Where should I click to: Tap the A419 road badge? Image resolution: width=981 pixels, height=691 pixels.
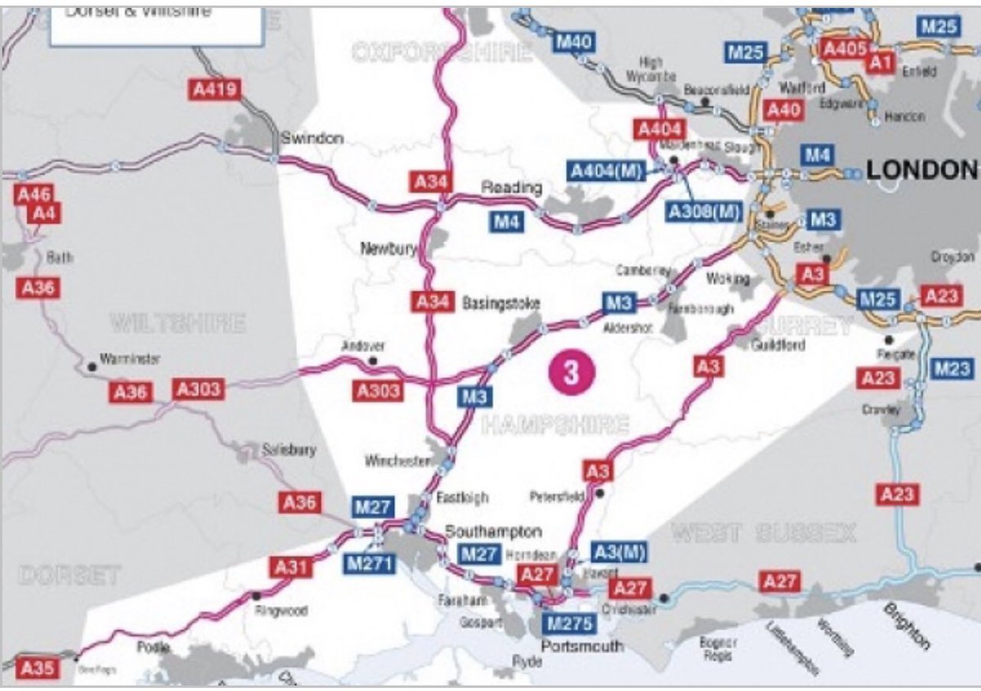(215, 89)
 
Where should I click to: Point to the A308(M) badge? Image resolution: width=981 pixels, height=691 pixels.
(704, 211)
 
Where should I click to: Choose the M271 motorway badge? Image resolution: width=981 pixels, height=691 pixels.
(370, 563)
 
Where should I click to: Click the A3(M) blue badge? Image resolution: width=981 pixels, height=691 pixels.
(617, 553)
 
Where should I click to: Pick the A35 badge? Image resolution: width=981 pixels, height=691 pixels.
(37, 668)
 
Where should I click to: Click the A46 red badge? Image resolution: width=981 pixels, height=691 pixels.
(34, 194)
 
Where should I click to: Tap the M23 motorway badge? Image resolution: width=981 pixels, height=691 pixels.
(951, 369)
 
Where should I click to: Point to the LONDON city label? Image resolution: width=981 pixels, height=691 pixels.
(921, 170)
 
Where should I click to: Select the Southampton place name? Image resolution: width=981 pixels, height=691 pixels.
(493, 532)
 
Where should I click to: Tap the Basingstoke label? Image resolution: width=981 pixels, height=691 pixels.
(501, 303)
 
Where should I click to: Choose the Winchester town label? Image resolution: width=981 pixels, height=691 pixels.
(398, 461)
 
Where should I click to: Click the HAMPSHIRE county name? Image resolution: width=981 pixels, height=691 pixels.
(555, 425)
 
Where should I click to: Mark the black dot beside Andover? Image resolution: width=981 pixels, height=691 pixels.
(373, 360)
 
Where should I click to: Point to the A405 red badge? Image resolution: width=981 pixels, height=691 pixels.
(844, 48)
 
